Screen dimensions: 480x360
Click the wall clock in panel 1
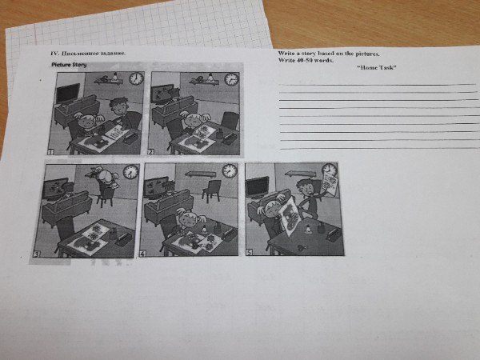pyautogui.click(x=136, y=78)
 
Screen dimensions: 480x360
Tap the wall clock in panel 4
pyautogui.click(x=230, y=171)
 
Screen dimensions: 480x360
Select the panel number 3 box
pyautogui.click(x=37, y=254)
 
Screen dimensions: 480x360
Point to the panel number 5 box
pyautogui.click(x=250, y=252)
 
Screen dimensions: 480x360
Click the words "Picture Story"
pyautogui.click(x=69, y=65)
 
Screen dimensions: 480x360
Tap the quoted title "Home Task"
pyautogui.click(x=377, y=68)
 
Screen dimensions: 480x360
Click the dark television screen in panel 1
pyautogui.click(x=68, y=93)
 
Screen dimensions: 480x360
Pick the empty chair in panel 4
pyautogui.click(x=211, y=190)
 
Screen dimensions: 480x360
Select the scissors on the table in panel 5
pyautogui.click(x=301, y=247)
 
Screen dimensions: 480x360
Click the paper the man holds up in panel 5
pyautogui.click(x=330, y=183)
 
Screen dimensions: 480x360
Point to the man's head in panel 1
pyautogui.click(x=118, y=106)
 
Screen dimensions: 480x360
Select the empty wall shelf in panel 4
pyautogui.click(x=201, y=174)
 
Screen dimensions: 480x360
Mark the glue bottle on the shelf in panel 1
pyautogui.click(x=115, y=76)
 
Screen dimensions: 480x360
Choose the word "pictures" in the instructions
pyautogui.click(x=366, y=54)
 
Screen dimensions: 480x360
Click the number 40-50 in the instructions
pyautogui.click(x=304, y=60)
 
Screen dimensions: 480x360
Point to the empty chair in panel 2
pyautogui.click(x=230, y=120)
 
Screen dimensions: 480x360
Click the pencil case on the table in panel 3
pyautogui.click(x=124, y=239)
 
